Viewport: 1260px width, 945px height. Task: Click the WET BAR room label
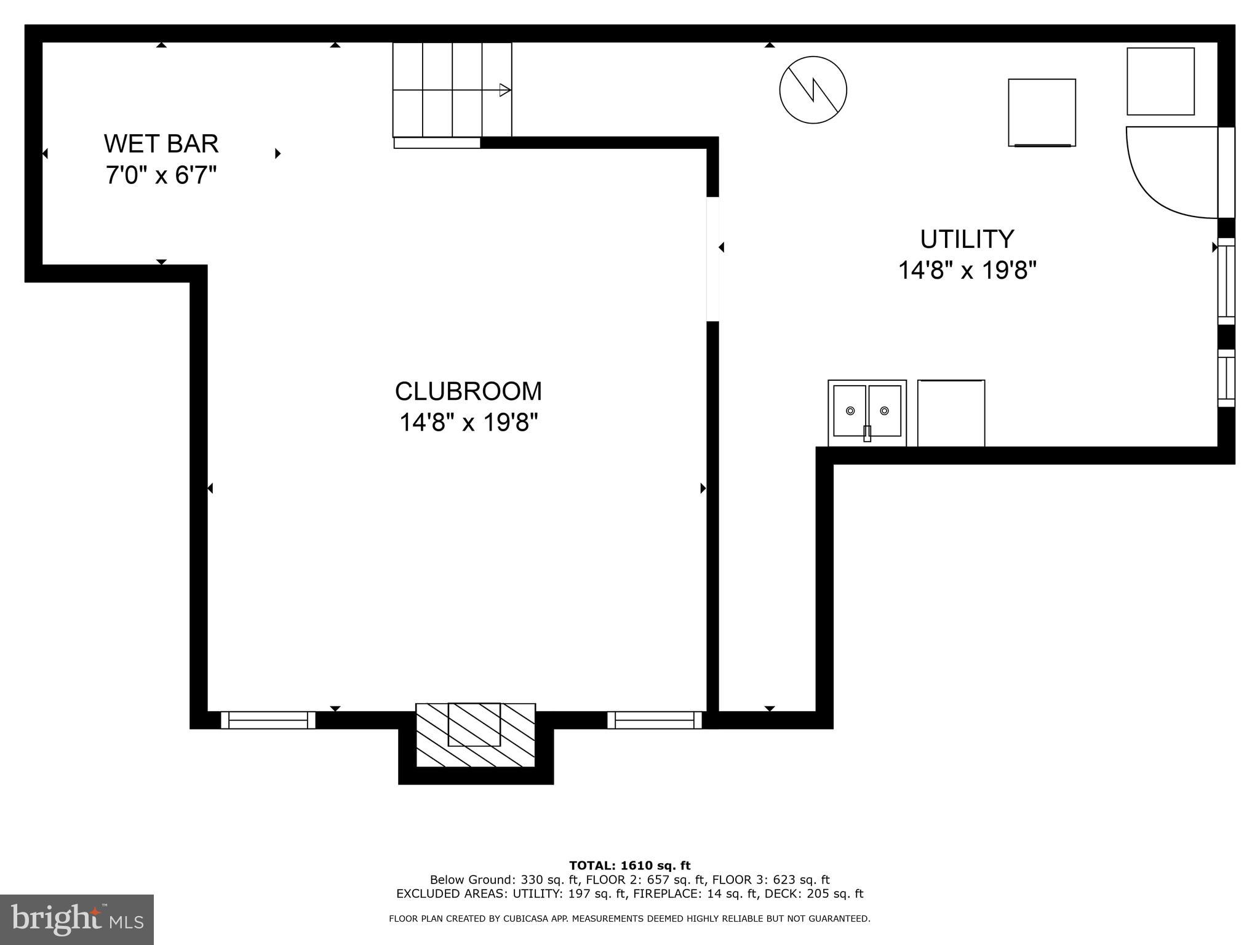click(161, 144)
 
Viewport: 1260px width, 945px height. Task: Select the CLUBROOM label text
click(468, 391)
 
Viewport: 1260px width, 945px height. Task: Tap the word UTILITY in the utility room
click(967, 239)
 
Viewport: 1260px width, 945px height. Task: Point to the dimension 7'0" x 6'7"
click(161, 176)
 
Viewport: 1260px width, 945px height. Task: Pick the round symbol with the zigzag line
click(813, 90)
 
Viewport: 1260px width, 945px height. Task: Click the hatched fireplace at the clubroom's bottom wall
click(475, 735)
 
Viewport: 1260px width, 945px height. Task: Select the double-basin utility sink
click(867, 412)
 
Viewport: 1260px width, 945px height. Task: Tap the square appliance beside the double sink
click(951, 413)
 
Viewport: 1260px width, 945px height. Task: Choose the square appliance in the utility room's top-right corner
click(1160, 81)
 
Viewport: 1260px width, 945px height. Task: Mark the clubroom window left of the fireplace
click(268, 720)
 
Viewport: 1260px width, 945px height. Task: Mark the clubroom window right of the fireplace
click(655, 720)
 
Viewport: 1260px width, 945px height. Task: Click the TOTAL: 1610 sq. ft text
click(629, 866)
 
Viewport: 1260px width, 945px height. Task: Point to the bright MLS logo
click(77, 920)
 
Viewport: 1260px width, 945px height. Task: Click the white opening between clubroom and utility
click(712, 259)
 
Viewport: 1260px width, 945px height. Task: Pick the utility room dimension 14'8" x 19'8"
click(967, 271)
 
